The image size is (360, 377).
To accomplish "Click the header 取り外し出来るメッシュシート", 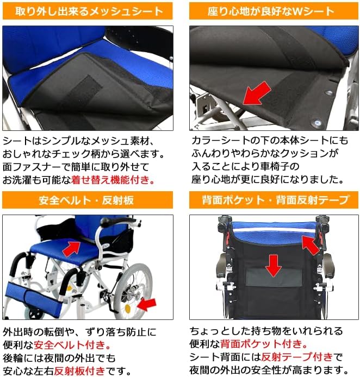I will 88,11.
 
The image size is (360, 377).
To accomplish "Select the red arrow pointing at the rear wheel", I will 146,305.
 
